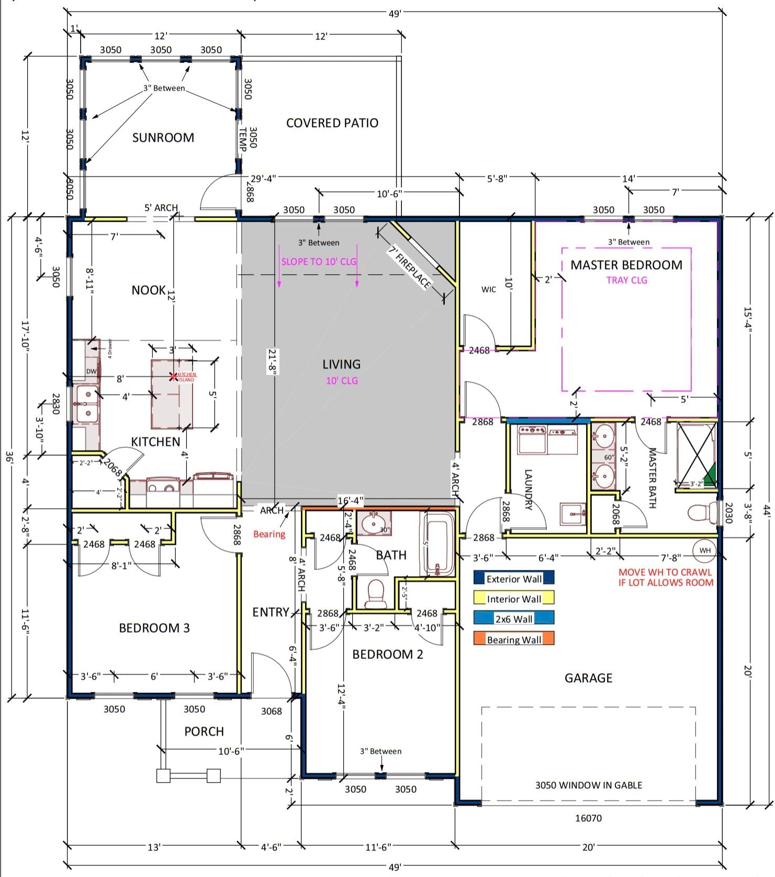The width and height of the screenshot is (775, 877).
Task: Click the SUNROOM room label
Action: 163,138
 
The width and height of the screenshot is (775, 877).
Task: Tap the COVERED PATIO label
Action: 332,123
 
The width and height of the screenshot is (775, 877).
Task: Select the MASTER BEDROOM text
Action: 626,265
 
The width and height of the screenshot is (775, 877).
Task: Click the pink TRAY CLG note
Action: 626,280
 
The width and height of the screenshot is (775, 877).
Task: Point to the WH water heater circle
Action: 705,550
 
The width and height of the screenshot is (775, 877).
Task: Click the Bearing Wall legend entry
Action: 513,639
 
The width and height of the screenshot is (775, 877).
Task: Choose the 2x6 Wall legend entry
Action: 513,619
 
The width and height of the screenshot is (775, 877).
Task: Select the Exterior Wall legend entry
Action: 513,579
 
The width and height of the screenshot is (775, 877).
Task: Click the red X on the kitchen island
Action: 173,376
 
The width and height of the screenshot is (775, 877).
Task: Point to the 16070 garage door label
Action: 588,818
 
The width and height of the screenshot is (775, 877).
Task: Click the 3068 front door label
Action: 271,711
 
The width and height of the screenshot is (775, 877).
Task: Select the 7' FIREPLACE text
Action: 410,267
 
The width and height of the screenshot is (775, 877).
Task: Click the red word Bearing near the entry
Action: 269,534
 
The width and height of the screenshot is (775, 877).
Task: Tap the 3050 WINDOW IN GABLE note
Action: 588,785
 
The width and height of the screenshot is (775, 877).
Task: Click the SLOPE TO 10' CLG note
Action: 319,262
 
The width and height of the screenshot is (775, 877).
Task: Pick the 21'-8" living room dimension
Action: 273,362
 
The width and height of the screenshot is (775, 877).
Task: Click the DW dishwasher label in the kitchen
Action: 91,372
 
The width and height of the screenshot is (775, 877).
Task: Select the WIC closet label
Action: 488,289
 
